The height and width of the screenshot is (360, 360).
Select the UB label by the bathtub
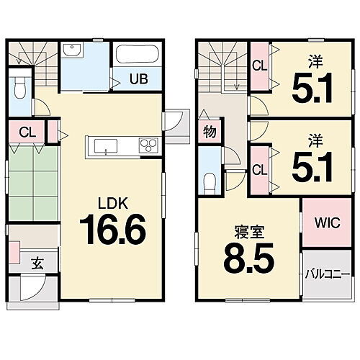click(x=138, y=79)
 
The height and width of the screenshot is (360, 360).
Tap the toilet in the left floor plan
click(x=21, y=88)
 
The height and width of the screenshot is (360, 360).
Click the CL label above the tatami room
click(x=27, y=132)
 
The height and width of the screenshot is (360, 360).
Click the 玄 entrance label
click(x=36, y=263)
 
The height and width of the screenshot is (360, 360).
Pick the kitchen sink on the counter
click(x=106, y=148)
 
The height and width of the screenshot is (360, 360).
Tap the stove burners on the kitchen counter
click(x=148, y=146)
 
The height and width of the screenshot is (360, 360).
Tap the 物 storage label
click(x=209, y=132)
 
